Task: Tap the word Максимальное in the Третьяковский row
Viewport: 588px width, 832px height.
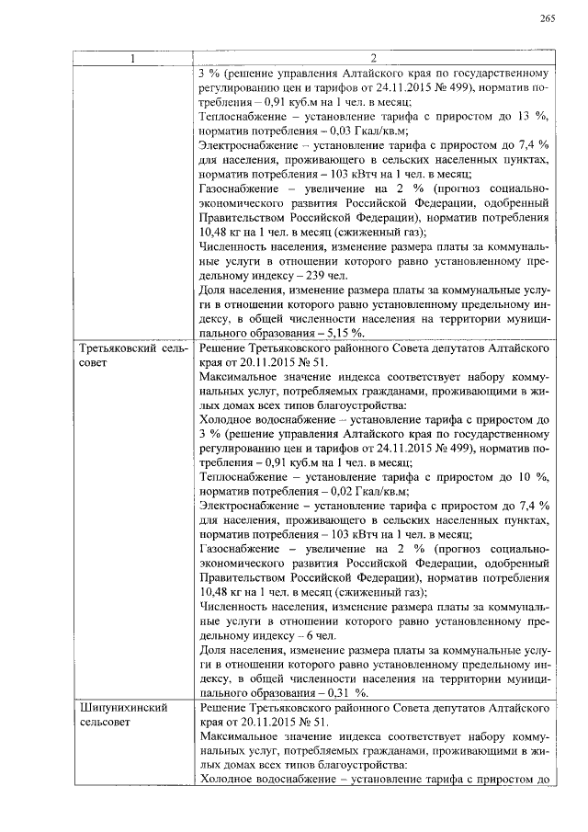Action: pos(241,378)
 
